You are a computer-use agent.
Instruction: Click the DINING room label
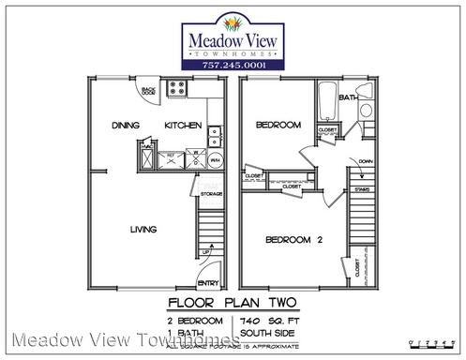pos(125,125)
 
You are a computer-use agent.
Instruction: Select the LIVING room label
pos(143,230)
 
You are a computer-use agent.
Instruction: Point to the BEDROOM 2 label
pos(294,241)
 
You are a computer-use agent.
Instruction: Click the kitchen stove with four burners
pos(175,90)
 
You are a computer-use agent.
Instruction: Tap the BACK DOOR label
pos(148,92)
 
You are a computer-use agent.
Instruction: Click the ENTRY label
pos(208,284)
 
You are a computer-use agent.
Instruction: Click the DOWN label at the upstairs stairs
pos(366,160)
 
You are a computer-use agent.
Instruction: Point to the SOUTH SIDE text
pos(264,331)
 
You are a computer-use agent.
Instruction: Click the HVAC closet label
pos(146,146)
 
